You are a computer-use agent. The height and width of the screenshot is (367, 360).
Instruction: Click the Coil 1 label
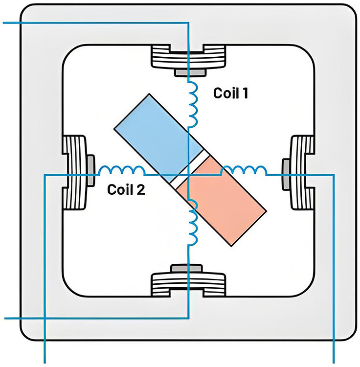tap(230, 93)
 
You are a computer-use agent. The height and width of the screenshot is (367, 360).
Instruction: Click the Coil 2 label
tap(127, 189)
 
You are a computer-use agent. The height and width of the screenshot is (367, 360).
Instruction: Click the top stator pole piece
tap(189, 57)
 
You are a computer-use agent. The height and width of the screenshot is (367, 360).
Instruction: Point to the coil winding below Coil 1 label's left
tap(192, 104)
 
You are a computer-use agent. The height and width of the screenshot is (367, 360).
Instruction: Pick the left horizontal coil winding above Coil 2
tap(121, 170)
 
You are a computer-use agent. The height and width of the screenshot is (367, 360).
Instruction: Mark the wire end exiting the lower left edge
tap(6, 318)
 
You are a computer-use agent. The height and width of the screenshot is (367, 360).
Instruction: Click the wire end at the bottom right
tap(333, 362)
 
